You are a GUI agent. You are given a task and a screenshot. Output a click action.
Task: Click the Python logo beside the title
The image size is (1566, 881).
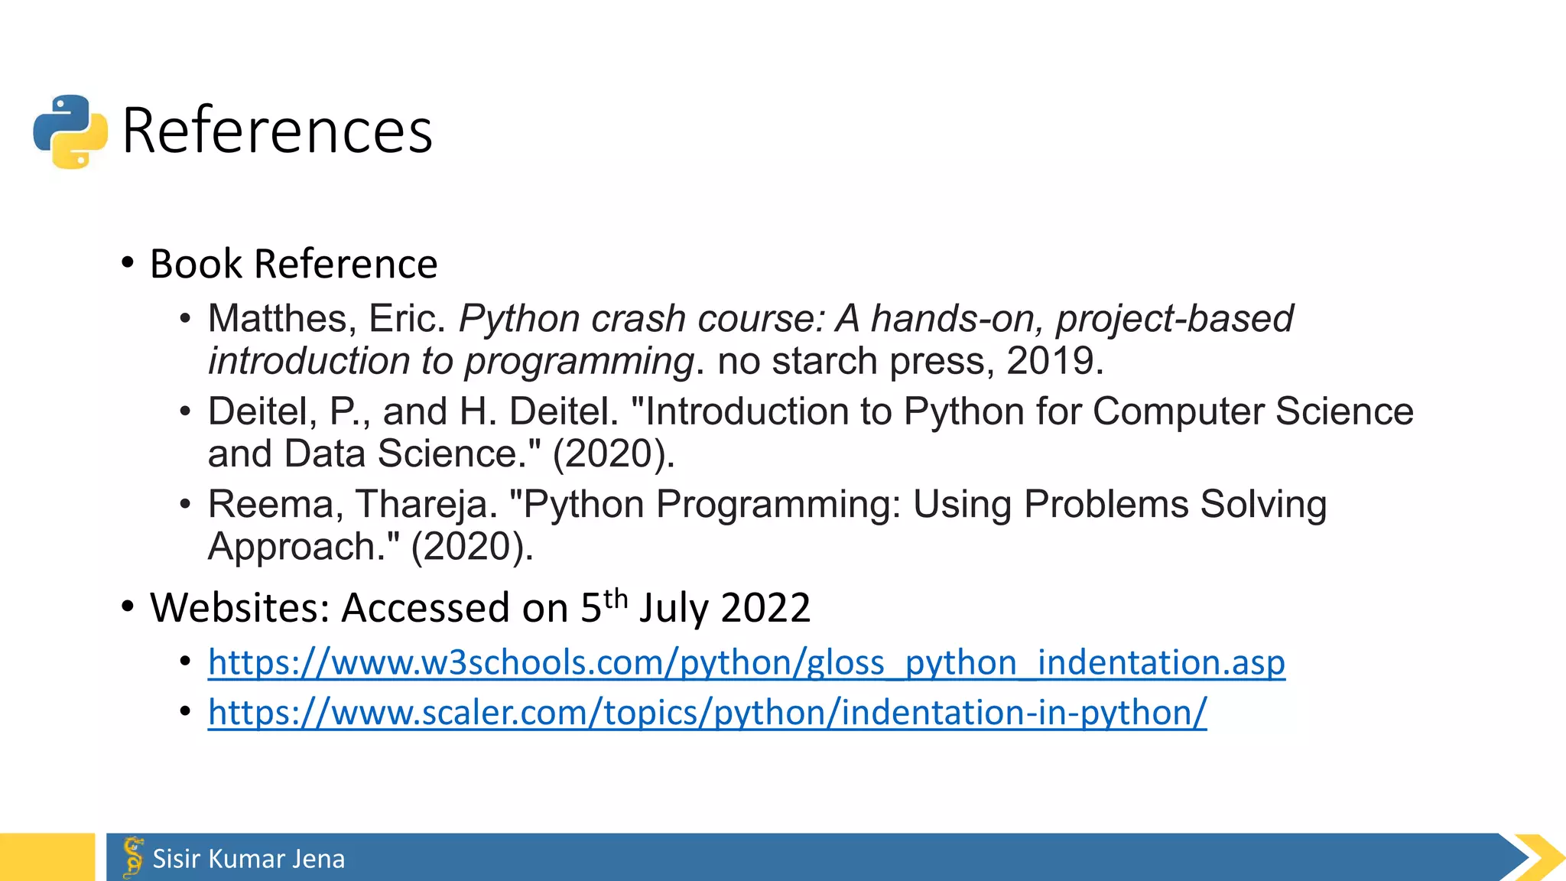(x=70, y=131)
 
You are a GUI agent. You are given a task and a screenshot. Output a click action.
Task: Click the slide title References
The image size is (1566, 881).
(x=277, y=131)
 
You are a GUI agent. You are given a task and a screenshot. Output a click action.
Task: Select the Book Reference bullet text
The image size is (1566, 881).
(x=294, y=264)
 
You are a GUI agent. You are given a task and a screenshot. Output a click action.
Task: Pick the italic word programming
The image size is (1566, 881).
(x=579, y=361)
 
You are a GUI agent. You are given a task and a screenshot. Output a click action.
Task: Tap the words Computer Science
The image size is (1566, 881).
(x=1252, y=411)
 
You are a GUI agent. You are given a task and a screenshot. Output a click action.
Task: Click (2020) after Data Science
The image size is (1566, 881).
(x=613, y=454)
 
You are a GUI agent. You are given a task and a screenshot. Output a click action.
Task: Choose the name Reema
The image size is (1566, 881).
(x=271, y=505)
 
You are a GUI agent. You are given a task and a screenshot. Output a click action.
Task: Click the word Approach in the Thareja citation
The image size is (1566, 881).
(x=304, y=547)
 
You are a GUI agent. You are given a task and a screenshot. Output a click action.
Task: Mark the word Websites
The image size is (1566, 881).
(x=239, y=608)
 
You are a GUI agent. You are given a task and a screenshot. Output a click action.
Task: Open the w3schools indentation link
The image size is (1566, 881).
(x=746, y=663)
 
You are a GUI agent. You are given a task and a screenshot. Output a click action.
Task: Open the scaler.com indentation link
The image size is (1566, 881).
(x=707, y=713)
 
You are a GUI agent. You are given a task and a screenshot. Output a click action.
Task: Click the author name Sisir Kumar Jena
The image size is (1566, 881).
(x=249, y=859)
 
